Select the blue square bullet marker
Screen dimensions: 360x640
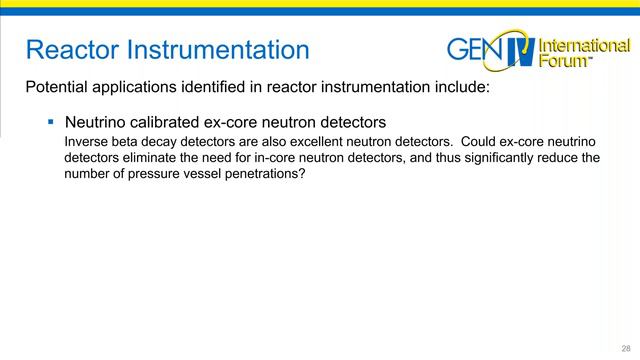tap(49, 122)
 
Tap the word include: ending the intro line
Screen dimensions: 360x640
tap(459, 87)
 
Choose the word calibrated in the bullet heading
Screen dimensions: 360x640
tap(175, 123)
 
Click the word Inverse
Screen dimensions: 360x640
tap(85, 141)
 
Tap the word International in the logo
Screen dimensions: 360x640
tap(584, 45)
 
